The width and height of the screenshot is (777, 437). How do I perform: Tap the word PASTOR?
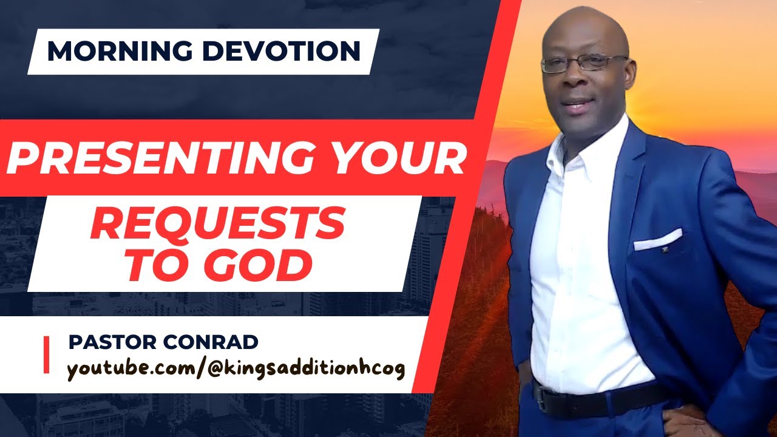coord(109,342)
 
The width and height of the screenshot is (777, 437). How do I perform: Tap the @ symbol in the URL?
coord(210,369)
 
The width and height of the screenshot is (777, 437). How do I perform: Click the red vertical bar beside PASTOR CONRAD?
coord(47,356)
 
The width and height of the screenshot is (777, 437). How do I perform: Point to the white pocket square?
coord(657,240)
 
